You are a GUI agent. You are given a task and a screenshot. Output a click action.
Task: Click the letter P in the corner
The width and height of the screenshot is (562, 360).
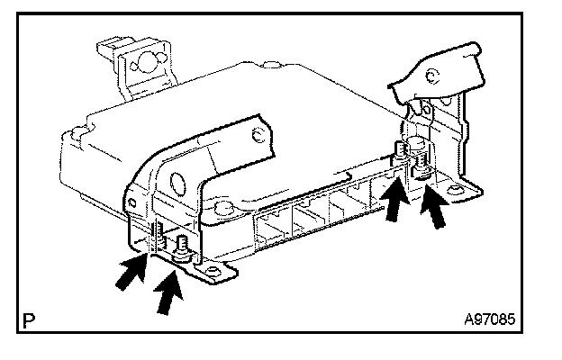31,319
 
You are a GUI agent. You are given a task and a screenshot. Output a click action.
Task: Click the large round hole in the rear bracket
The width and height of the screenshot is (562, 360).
142,65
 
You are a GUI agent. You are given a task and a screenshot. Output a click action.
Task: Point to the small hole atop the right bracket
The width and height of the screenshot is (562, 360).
434,78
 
